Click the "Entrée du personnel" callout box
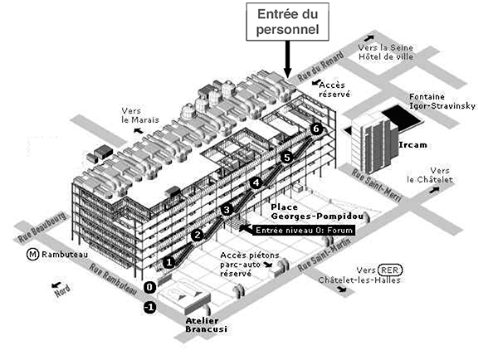[x=287, y=22]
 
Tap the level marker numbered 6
[x=316, y=129]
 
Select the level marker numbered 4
[x=256, y=182]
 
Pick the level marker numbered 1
[x=169, y=262]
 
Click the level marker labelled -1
[x=149, y=307]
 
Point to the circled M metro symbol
[x=32, y=255]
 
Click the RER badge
[x=390, y=270]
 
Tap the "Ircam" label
[x=412, y=145]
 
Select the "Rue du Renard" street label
[x=321, y=66]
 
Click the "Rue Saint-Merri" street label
[x=377, y=186]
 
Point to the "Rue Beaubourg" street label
[x=41, y=227]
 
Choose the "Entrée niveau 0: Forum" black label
[x=304, y=230]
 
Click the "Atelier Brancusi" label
[x=207, y=325]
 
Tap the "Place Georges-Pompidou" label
[x=317, y=212]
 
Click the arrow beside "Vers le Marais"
[x=139, y=130]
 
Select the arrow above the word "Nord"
[x=56, y=285]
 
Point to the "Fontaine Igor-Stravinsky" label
[x=442, y=101]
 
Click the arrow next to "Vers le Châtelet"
[x=434, y=190]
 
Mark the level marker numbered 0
[x=149, y=287]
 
